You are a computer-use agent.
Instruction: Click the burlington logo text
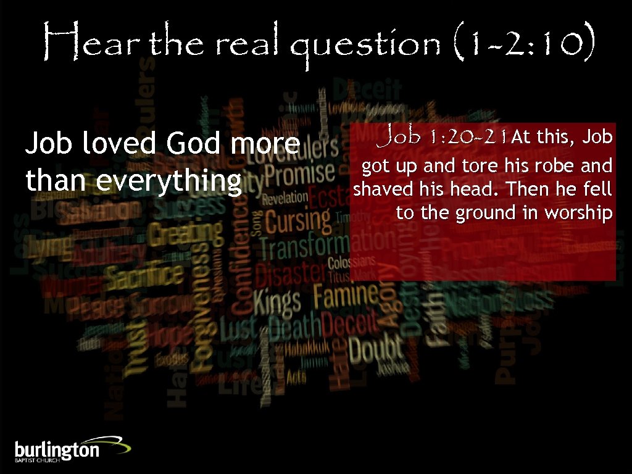[x=57, y=449]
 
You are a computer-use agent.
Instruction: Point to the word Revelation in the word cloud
[x=285, y=198]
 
